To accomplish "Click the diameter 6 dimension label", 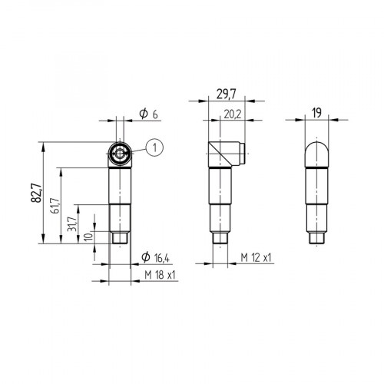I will tap(148, 114).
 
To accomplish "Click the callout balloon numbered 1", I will tap(154, 147).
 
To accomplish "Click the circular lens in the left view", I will tap(118, 154).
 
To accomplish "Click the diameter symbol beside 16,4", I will tap(145, 257).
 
